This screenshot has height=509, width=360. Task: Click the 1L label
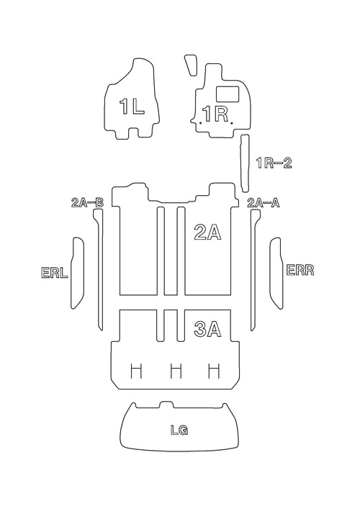click(132, 107)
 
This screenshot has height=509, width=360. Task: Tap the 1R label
click(215, 114)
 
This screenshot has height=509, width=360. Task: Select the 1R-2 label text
click(274, 163)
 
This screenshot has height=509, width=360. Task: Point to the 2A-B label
click(87, 203)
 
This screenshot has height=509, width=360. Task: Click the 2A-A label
click(264, 203)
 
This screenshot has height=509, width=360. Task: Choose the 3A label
click(207, 329)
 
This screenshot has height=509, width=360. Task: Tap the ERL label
click(55, 272)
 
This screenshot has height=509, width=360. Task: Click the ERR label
click(300, 270)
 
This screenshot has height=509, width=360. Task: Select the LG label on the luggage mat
click(179, 430)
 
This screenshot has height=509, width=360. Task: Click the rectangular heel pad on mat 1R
click(228, 94)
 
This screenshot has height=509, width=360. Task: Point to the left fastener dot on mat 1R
click(201, 123)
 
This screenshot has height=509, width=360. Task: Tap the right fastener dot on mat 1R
click(231, 123)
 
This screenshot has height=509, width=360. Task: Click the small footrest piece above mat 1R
click(192, 65)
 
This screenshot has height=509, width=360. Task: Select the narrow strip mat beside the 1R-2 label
click(245, 163)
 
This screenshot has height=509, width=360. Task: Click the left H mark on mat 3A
click(136, 371)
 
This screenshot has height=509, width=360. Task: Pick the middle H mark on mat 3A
click(176, 371)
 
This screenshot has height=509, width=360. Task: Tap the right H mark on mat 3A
click(214, 371)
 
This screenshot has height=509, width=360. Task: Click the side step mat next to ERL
click(77, 273)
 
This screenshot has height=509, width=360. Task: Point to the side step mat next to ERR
click(277, 273)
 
